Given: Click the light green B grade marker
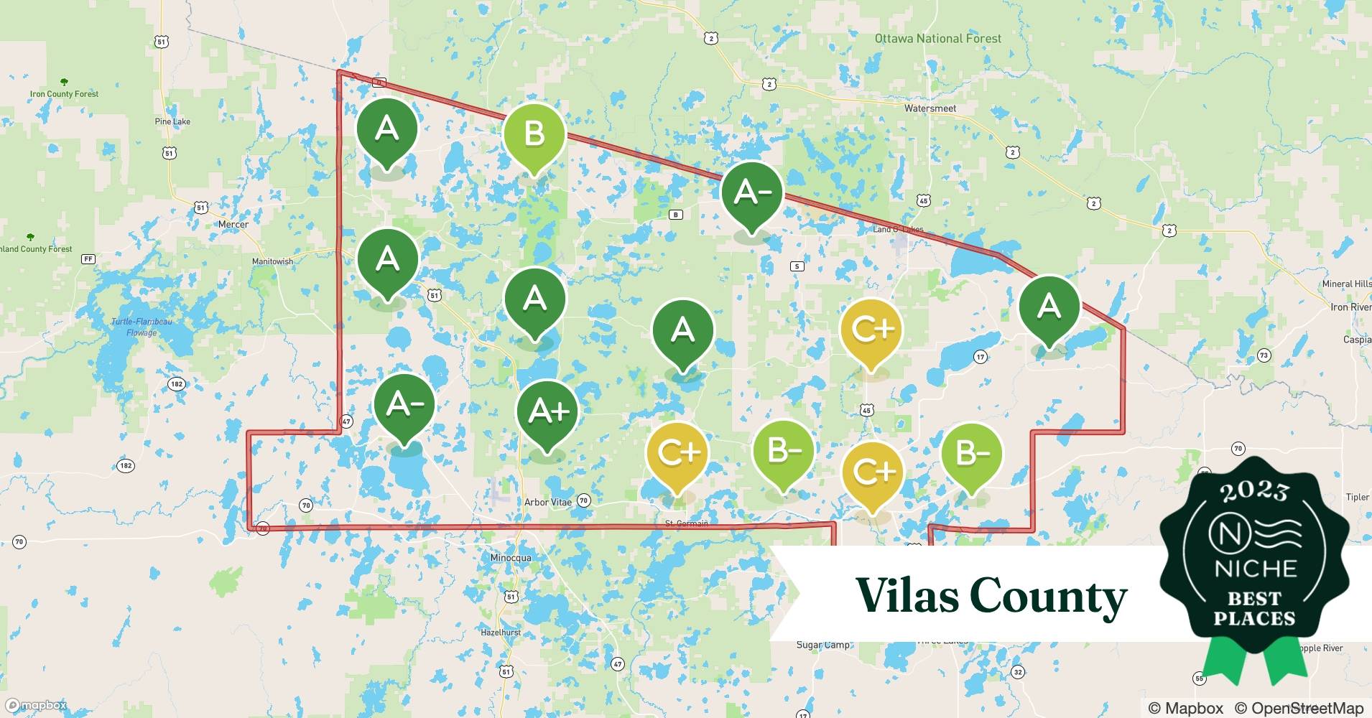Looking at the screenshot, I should tap(534, 134).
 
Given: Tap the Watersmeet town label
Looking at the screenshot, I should tap(930, 108).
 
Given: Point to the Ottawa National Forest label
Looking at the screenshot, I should tap(937, 39).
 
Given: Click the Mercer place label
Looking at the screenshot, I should tap(233, 224).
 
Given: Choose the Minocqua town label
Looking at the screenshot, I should tap(511, 558).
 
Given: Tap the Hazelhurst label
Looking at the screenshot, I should tap(501, 633).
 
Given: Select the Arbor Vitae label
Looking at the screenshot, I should tap(547, 502).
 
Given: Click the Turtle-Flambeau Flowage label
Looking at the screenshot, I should tap(142, 327).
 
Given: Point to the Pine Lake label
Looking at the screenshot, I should tap(172, 121).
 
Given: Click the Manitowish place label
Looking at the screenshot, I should tap(272, 261).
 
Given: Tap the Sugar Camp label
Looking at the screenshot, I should tap(822, 645).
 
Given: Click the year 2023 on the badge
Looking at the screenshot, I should tap(1254, 490).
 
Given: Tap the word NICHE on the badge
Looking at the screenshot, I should tap(1255, 569).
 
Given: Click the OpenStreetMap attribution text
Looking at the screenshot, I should tap(1299, 708).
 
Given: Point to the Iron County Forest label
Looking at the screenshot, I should tap(64, 94).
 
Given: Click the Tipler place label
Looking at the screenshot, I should tap(1357, 497).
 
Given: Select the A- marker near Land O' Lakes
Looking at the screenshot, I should tap(752, 192).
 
